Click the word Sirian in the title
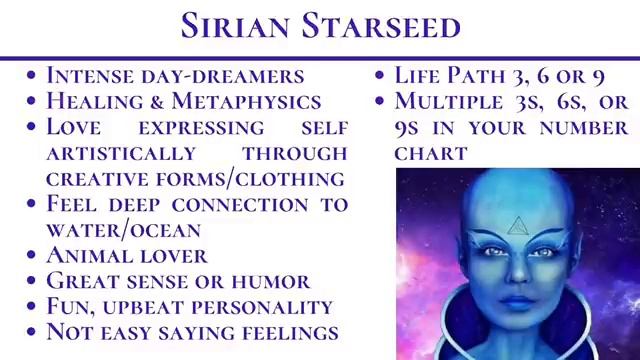coord(241,26)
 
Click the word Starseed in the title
coord(385,26)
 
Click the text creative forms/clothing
coord(196,178)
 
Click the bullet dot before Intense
coord(34,76)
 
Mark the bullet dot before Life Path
coord(381,76)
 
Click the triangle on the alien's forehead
coord(515,228)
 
